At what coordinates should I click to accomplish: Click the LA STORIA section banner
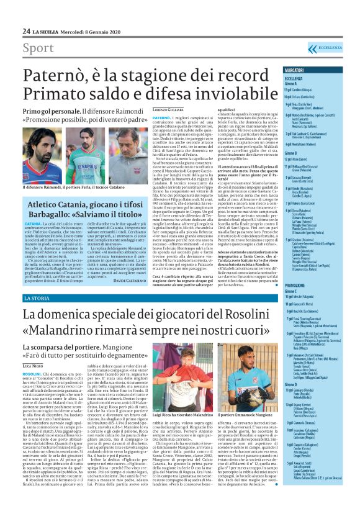pyautogui.click(x=40, y=299)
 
